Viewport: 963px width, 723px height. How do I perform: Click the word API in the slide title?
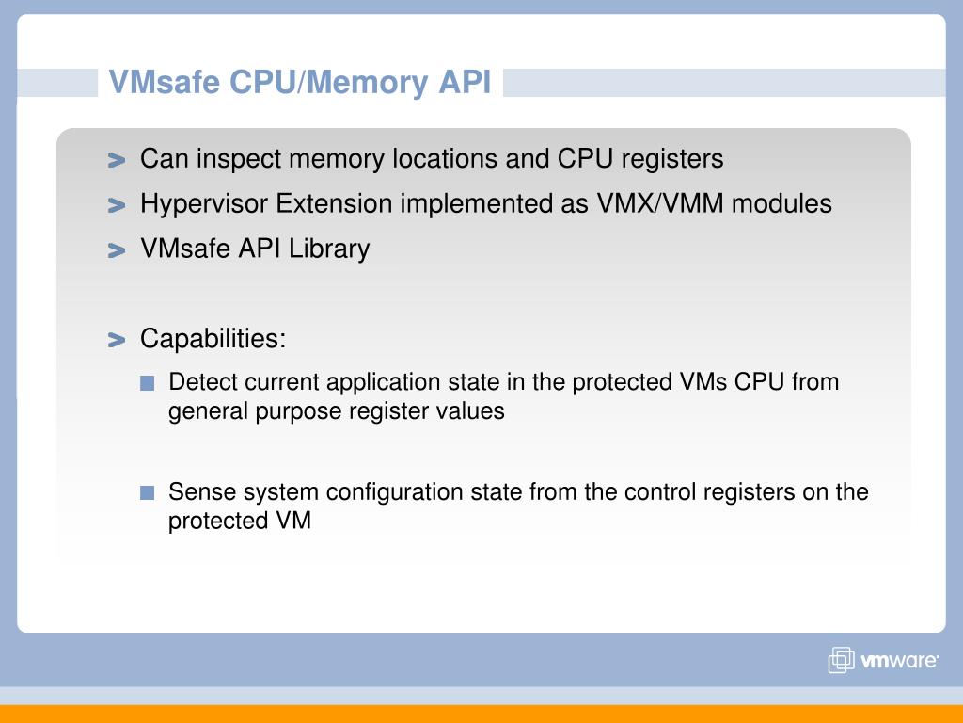coord(465,83)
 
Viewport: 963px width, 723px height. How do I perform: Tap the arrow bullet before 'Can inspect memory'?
coord(117,161)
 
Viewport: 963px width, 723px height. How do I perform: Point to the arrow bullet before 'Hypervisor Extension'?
coord(117,205)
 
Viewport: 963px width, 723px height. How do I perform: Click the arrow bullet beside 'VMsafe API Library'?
coord(117,250)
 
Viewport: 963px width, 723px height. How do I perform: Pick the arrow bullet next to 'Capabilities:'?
coord(117,340)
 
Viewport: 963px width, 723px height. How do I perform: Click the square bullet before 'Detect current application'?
coord(147,383)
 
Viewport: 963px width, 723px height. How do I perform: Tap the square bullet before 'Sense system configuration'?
coord(147,492)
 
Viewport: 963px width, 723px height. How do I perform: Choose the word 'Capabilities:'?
coord(213,339)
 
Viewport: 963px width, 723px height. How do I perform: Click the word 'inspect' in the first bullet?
coord(239,159)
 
